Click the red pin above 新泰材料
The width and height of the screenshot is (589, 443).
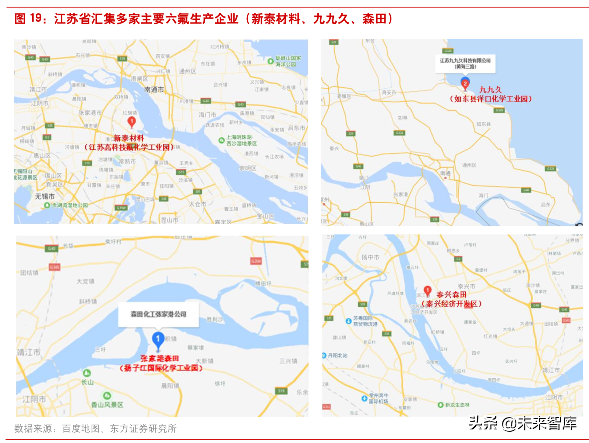pos(132,122)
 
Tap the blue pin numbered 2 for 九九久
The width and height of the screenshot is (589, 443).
pos(465,83)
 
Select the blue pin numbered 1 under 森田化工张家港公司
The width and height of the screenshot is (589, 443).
pos(158,340)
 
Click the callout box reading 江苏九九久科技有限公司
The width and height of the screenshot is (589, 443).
pos(465,63)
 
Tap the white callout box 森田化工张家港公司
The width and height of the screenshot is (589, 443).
pos(159,314)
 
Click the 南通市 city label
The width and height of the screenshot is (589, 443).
pos(154,90)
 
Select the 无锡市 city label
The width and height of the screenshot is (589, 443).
pos(45,196)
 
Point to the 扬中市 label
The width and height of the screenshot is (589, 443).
pos(370,257)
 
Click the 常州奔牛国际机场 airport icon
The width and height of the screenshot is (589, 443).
pos(364,399)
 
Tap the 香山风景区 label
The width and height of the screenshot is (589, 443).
pos(107,404)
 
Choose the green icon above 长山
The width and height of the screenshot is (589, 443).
pos(87,373)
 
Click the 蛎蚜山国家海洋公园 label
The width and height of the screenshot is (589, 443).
pos(288,61)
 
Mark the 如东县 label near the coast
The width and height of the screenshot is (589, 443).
pos(483,124)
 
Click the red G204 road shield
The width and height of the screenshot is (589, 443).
pos(256,261)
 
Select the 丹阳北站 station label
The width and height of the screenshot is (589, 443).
pos(337,355)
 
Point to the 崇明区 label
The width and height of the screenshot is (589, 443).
pos(248,168)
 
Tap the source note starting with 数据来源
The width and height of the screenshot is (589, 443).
pos(95,428)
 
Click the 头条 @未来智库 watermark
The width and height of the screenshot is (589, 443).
pos(523,423)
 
